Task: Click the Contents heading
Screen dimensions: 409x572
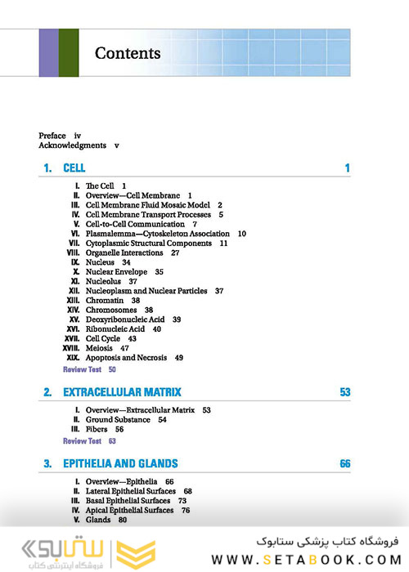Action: coord(128,54)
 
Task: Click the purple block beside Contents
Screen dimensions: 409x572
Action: coord(48,53)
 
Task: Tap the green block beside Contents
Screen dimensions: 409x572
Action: coord(69,53)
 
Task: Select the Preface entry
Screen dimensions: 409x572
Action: coord(52,135)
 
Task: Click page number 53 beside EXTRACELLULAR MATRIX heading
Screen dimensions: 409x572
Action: coord(344,392)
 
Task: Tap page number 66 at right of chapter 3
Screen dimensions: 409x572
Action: coord(344,464)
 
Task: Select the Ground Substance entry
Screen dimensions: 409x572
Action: coord(119,419)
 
